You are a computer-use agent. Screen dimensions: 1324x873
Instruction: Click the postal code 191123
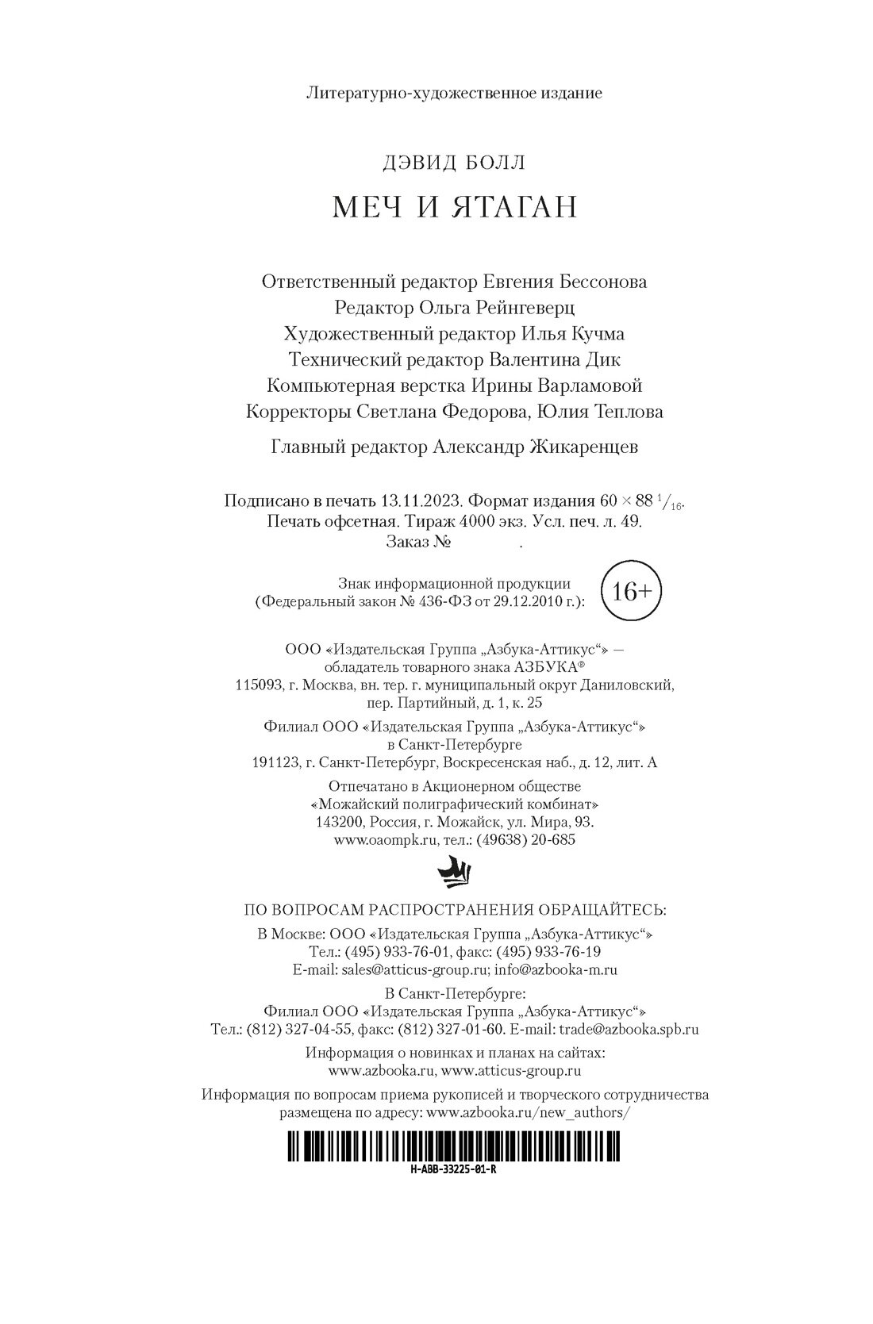point(274,763)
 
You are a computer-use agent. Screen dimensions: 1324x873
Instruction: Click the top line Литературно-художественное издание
point(453,94)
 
